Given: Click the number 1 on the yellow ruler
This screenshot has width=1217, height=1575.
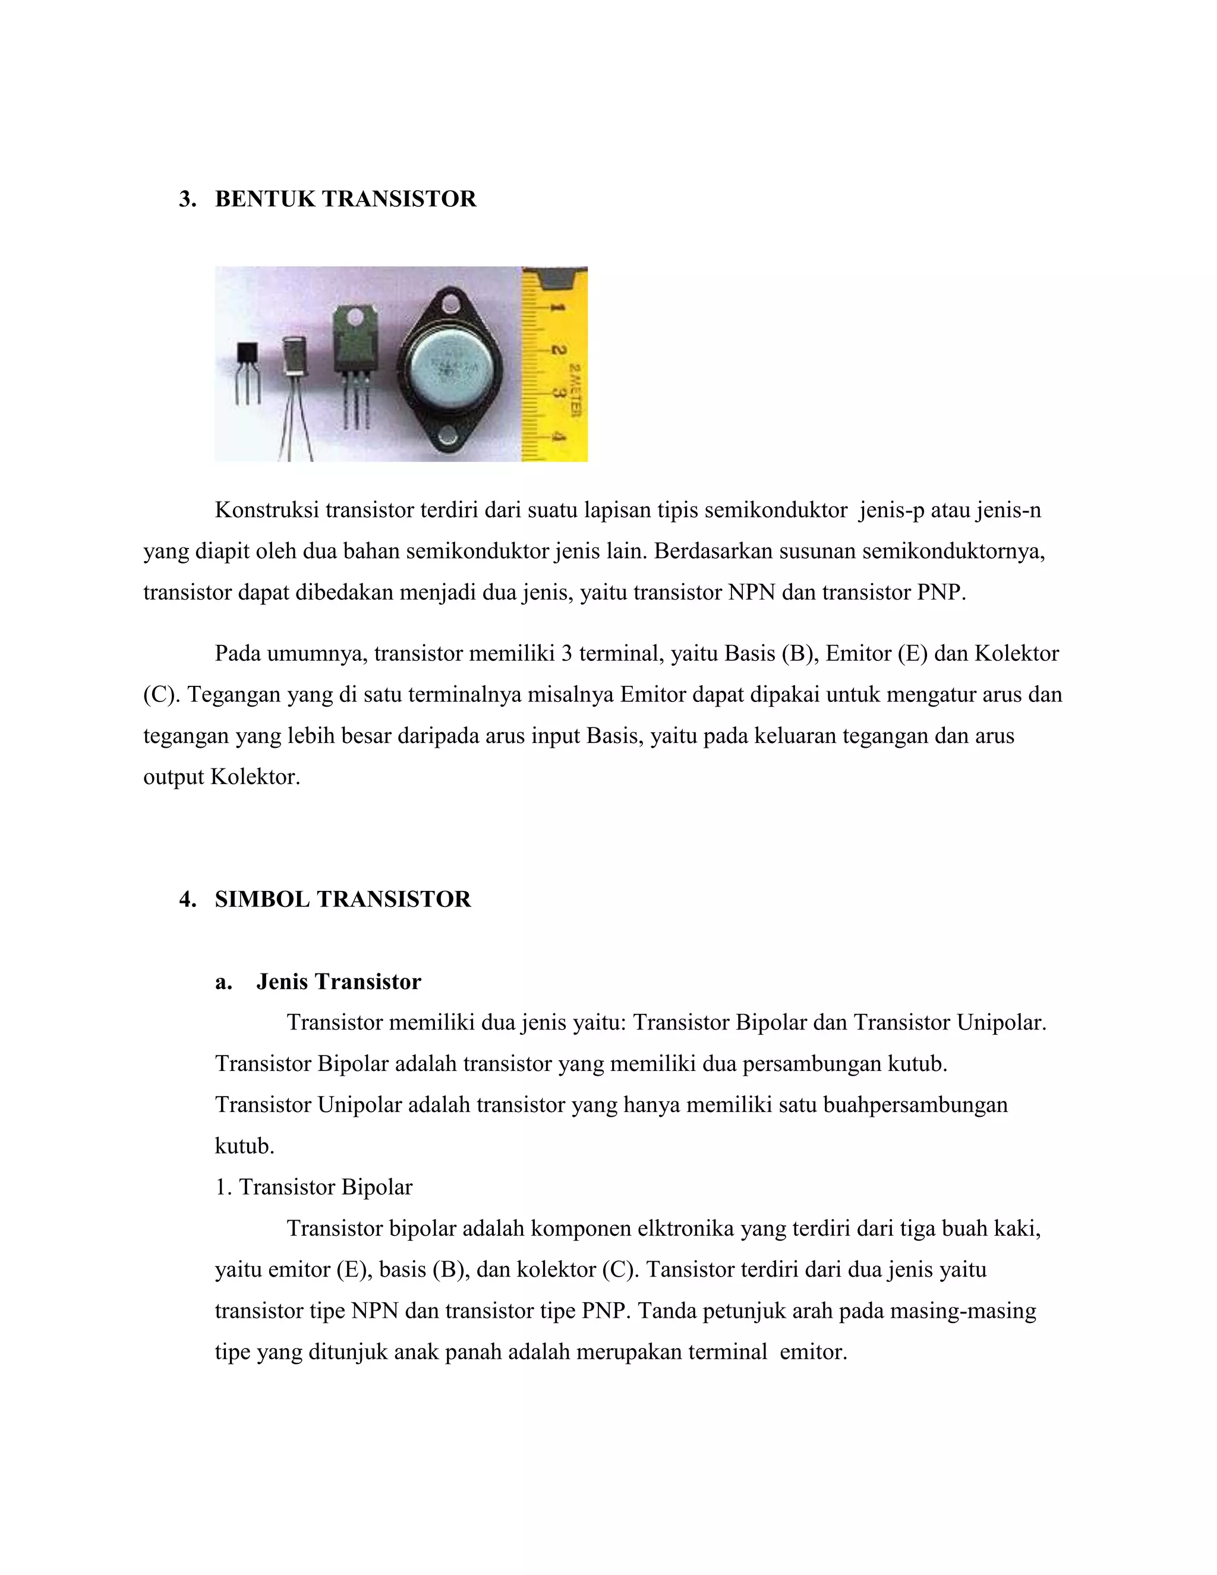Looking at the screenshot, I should (x=557, y=308).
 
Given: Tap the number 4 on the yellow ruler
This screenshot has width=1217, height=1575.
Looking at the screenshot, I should (x=558, y=436).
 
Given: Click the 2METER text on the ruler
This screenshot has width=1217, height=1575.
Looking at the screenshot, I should (x=575, y=390).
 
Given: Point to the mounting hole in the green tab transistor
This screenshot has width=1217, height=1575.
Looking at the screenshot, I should (x=355, y=314).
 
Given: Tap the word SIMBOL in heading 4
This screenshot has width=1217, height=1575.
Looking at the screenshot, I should (x=263, y=899).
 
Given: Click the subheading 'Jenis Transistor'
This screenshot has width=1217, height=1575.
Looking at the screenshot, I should (x=338, y=981).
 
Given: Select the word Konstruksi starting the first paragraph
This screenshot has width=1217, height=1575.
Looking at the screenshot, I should (x=267, y=511).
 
